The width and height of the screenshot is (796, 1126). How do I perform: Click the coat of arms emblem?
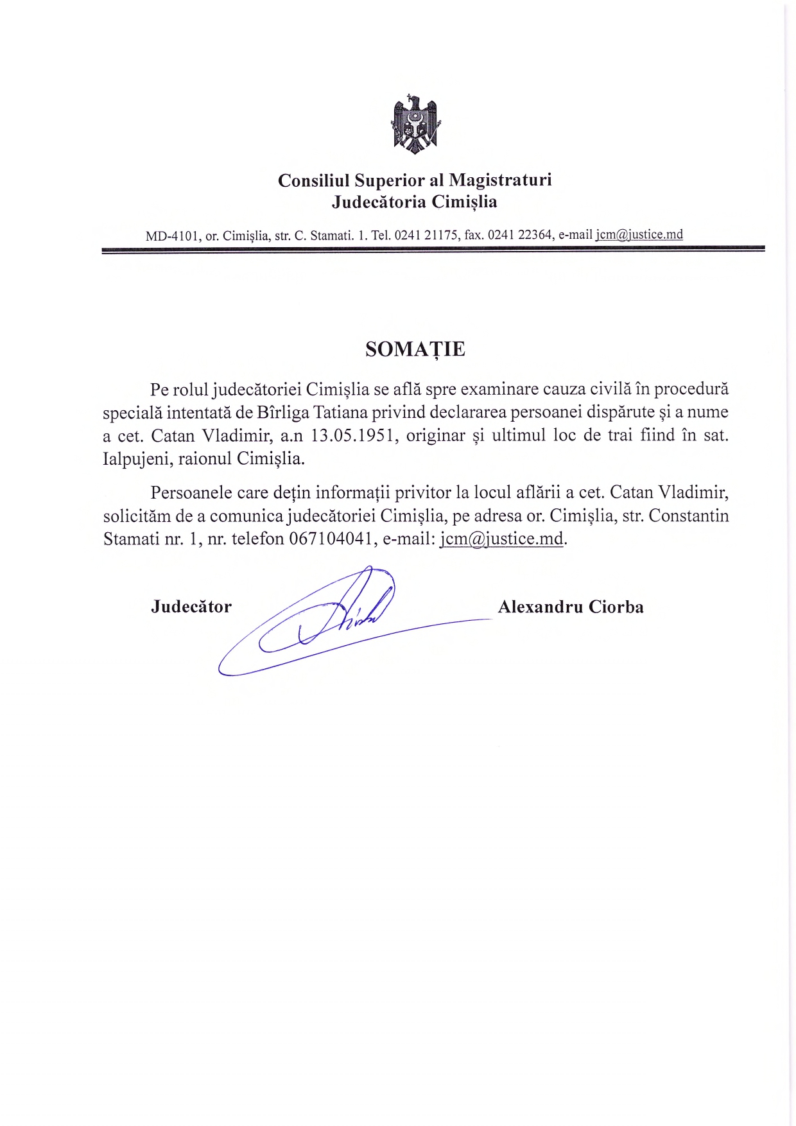pos(415,124)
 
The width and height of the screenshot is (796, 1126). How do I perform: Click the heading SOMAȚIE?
pos(415,349)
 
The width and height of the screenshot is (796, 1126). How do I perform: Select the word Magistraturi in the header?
pos(500,180)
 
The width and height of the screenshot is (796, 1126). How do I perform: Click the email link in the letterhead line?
pos(639,235)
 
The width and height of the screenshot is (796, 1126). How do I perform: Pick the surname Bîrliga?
pos(283,412)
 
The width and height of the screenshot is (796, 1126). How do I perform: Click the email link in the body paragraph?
pos(501,539)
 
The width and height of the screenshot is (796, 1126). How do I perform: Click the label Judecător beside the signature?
pos(191,607)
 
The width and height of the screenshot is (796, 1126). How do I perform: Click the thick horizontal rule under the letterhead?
pos(433,248)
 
